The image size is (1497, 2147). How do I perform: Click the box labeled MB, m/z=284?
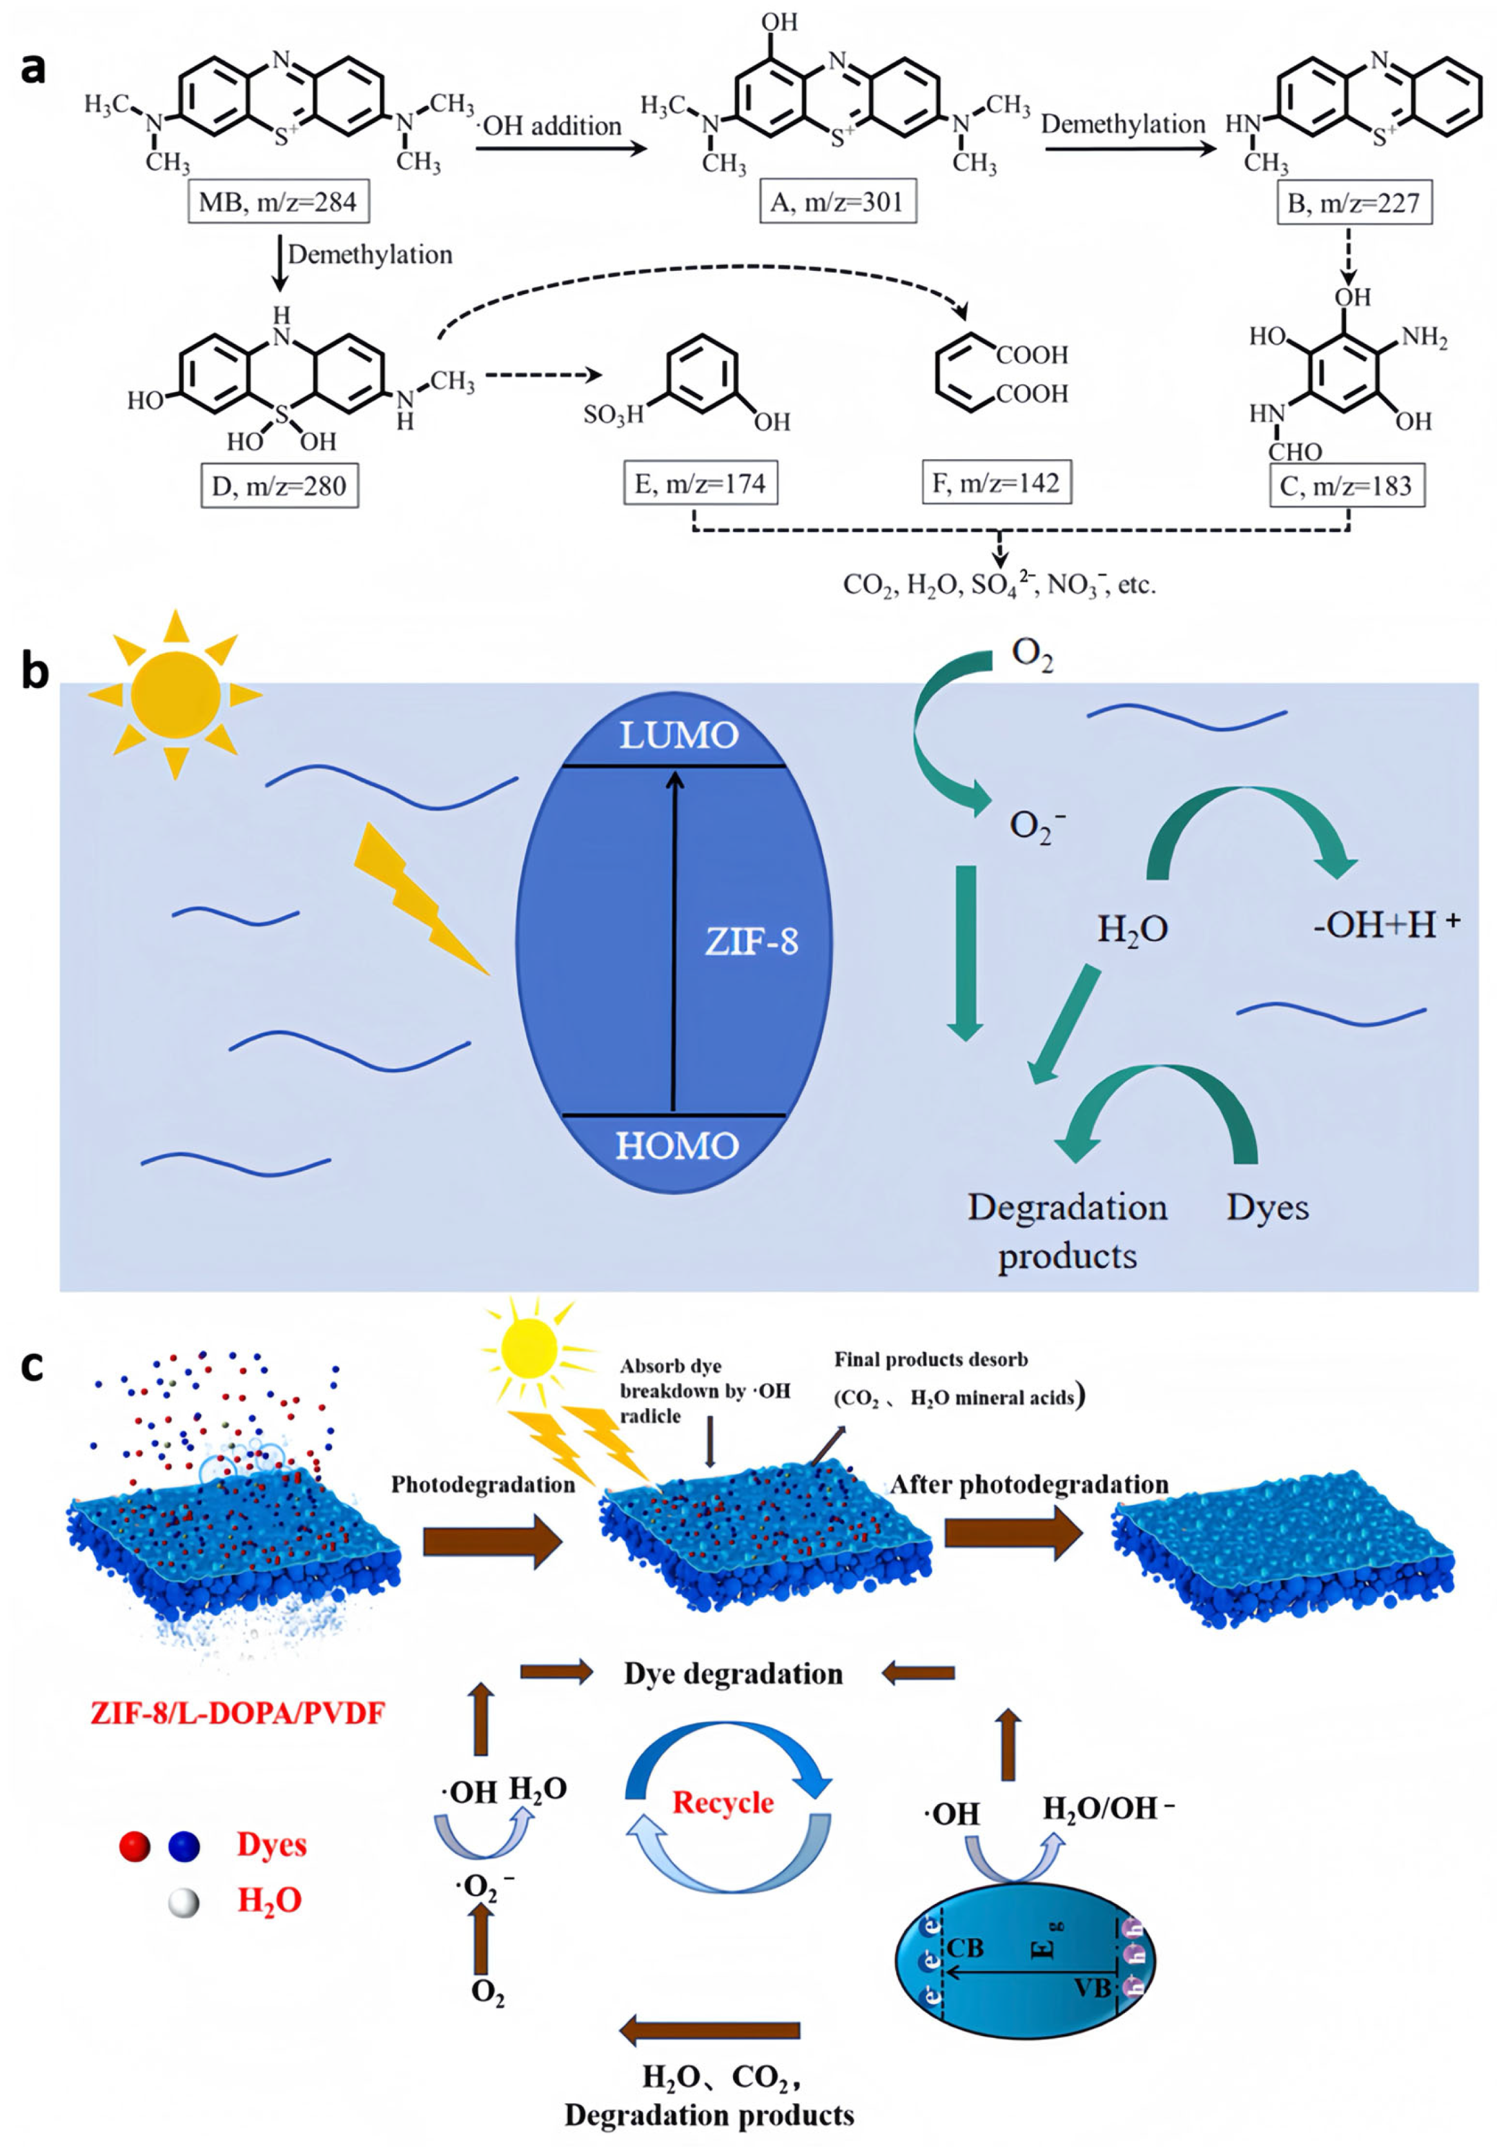click(x=278, y=202)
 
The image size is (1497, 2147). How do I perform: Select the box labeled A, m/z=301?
click(x=836, y=202)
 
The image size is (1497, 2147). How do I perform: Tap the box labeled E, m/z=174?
click(x=700, y=484)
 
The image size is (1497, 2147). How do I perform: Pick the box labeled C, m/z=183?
click(x=1345, y=485)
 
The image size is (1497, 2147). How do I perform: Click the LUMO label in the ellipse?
click(x=678, y=736)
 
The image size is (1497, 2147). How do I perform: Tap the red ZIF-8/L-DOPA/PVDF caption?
click(x=237, y=1713)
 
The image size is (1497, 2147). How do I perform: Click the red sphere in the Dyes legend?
click(x=135, y=1847)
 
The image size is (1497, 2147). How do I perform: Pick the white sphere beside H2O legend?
click(x=183, y=1903)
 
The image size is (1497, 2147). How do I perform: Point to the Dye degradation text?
click(x=732, y=1674)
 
